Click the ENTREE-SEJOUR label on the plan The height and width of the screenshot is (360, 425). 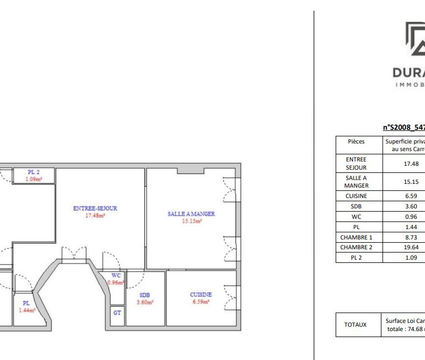pos(95,208)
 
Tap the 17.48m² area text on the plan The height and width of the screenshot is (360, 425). pos(95,215)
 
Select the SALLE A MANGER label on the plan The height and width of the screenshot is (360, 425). pos(191,214)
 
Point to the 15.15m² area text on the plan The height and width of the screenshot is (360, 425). pos(191,221)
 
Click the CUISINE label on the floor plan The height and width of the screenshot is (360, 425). pos(201,295)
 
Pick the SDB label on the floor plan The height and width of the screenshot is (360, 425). pos(145,295)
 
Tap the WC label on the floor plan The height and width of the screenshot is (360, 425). pos(116,275)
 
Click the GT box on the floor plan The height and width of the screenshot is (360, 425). pos(117,313)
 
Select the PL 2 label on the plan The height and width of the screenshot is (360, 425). pos(34,172)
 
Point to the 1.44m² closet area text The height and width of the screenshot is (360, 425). pos(26,310)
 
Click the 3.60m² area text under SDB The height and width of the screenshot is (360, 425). pos(145,302)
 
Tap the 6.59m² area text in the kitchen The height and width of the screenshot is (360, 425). pos(201,302)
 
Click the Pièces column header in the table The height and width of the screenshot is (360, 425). pos(356,141)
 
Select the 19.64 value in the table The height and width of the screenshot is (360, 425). pos(411,247)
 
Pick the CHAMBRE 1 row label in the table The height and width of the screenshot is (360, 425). pos(356,237)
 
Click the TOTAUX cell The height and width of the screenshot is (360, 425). pos(356,325)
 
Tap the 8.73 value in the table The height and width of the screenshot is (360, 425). pos(411,237)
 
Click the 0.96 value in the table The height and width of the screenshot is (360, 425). pos(411,217)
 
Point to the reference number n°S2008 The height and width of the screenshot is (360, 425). pos(404,127)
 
